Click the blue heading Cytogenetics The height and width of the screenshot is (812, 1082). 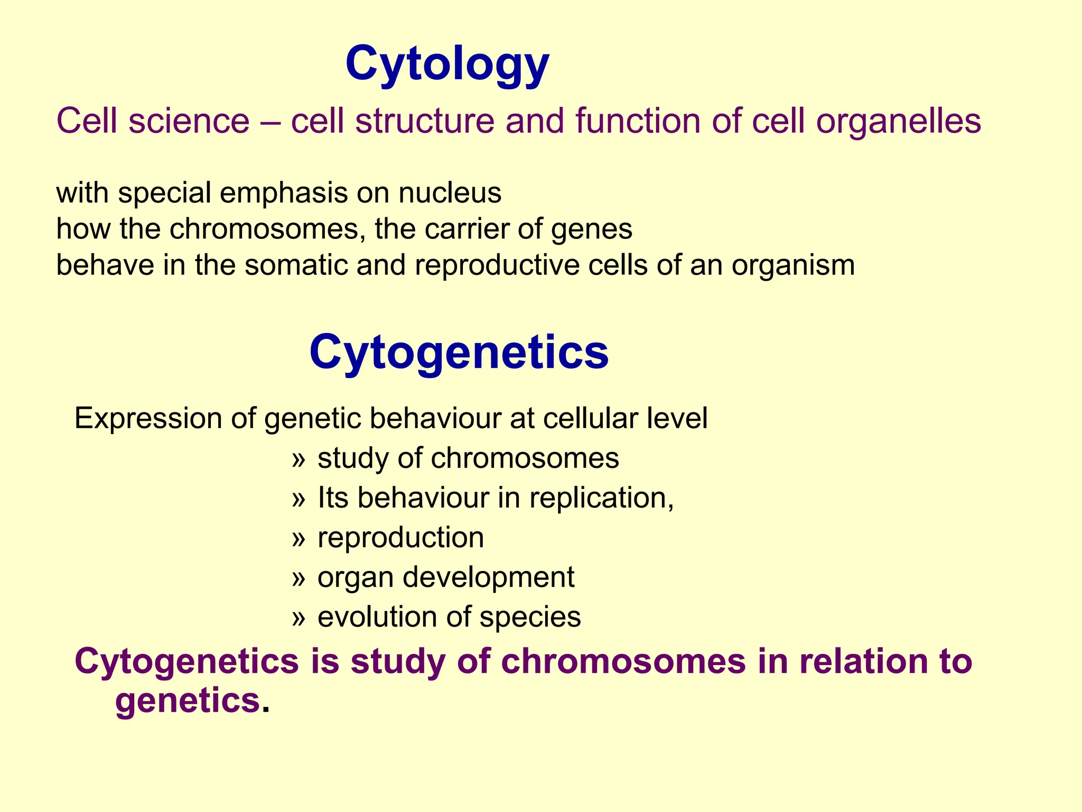459,353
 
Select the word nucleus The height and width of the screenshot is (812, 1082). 450,193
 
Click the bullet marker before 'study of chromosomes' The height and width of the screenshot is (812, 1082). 299,459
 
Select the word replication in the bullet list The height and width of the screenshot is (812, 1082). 601,498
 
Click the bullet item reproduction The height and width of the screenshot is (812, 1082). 400,538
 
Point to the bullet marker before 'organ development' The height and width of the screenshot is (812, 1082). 299,578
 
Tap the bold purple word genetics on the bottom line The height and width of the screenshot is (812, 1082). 188,702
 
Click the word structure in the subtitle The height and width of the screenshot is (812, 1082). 425,122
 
